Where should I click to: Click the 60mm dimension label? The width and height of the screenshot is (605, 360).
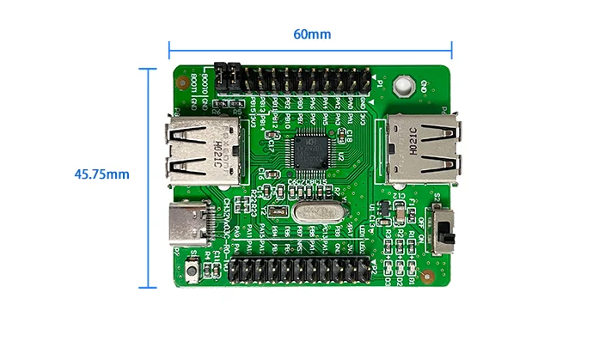click(312, 34)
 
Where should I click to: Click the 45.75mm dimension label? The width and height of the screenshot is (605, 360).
click(101, 174)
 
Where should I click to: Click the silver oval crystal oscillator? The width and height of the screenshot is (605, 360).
click(311, 212)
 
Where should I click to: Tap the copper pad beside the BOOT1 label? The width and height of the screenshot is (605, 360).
click(181, 84)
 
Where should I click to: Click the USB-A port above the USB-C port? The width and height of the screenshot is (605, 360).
click(197, 153)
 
